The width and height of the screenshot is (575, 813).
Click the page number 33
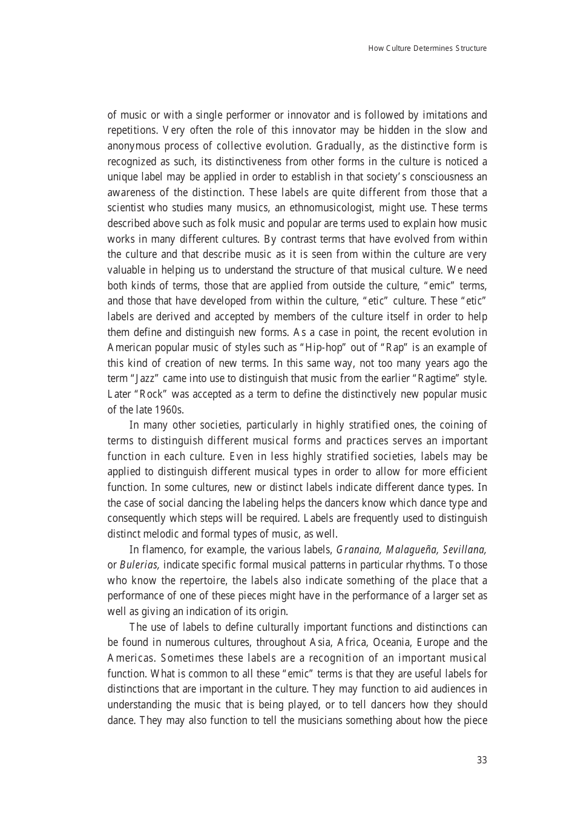(x=481, y=760)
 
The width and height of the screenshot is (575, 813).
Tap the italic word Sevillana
(x=465, y=550)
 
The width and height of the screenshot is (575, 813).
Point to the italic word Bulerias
(x=139, y=565)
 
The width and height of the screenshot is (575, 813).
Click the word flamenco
(x=160, y=550)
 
